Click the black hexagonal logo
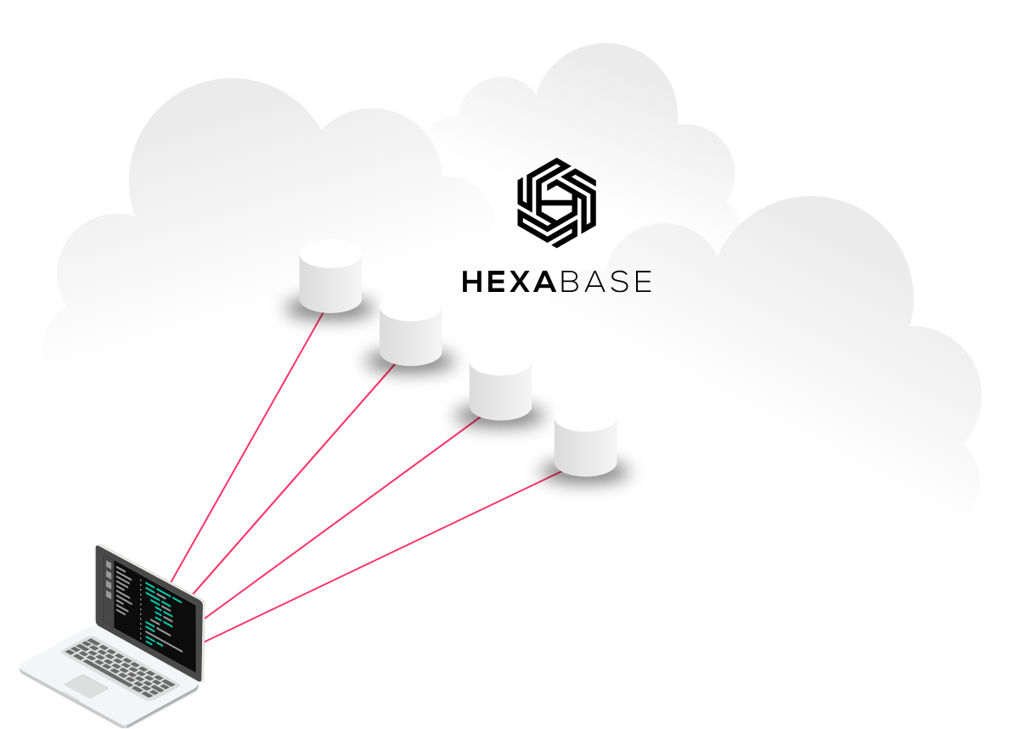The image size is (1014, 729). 556,194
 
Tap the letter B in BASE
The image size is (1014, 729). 564,282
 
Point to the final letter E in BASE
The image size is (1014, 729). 641,282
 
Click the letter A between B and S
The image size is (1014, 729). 589,282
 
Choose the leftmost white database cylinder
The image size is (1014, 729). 330,275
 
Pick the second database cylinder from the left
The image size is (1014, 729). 411,329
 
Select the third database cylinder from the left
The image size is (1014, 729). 500,383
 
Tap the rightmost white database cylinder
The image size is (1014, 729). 585,439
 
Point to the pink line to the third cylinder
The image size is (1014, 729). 340,517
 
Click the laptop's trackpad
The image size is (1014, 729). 86,685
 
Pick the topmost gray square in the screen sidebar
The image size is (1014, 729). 108,564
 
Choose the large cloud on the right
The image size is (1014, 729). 790,356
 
